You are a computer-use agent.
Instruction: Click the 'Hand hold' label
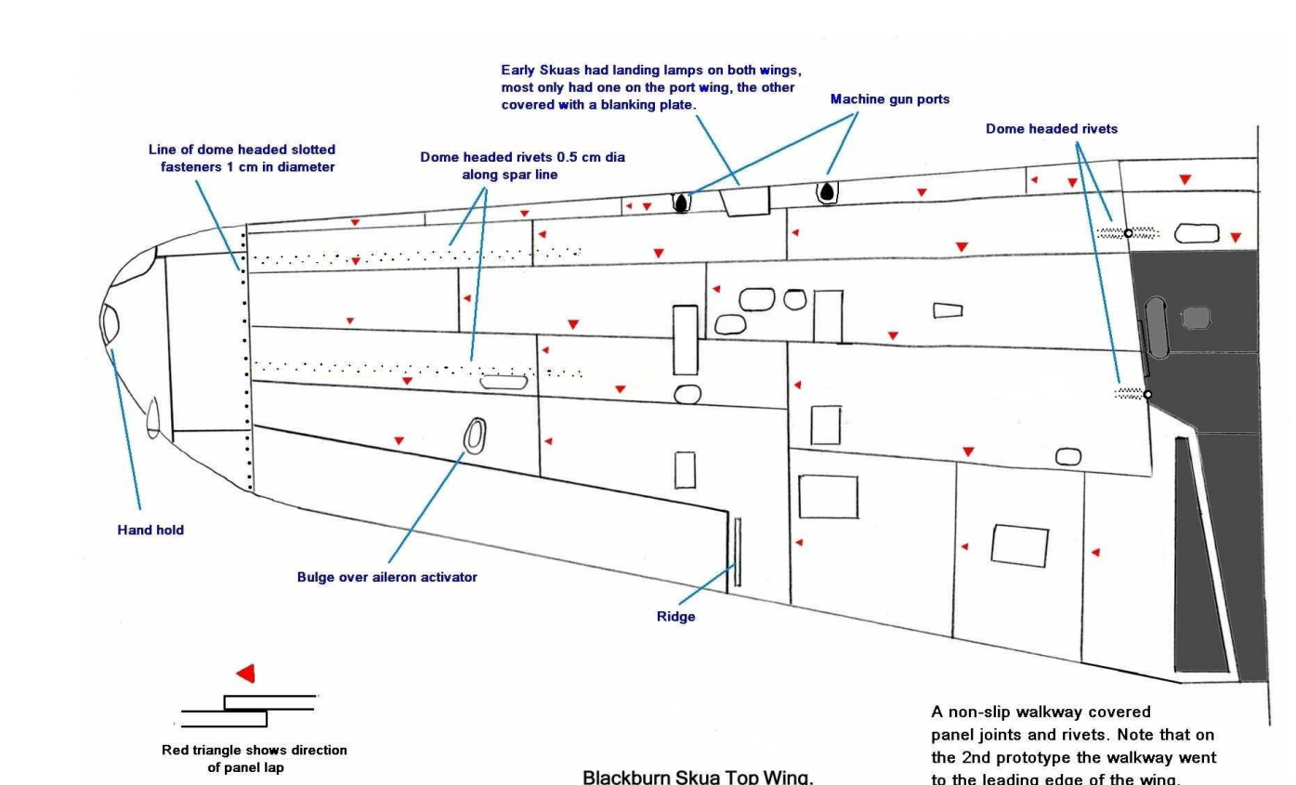(x=151, y=530)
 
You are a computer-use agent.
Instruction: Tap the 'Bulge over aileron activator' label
(x=387, y=577)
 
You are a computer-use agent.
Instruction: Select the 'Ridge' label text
(x=675, y=617)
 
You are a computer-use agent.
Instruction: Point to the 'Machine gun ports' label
(x=890, y=98)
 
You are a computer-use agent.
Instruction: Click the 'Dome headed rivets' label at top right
(x=1052, y=128)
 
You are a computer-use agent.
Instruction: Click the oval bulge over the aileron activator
(x=475, y=436)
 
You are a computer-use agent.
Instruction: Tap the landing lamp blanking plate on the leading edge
(x=745, y=201)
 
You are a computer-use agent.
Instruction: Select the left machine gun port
(x=681, y=203)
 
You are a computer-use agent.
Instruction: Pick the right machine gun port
(x=827, y=192)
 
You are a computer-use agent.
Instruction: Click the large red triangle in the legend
(x=246, y=673)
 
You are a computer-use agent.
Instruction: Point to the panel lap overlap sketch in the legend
(x=249, y=711)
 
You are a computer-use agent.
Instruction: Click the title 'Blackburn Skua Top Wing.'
(x=698, y=777)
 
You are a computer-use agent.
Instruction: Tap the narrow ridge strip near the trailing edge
(x=738, y=553)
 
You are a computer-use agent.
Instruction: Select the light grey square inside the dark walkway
(x=1196, y=318)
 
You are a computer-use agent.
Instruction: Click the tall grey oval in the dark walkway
(x=1156, y=327)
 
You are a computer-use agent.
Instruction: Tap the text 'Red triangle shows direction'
(x=254, y=750)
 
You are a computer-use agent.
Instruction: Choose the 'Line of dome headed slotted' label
(x=242, y=150)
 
